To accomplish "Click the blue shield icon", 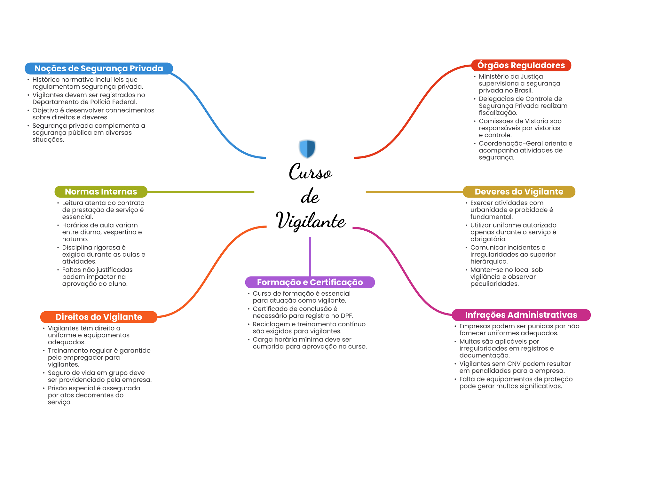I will [x=307, y=148].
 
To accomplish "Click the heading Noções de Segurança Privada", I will [x=99, y=68].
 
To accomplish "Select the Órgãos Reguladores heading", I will [x=521, y=65].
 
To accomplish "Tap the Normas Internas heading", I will [x=101, y=192].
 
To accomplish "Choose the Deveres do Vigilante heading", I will [x=519, y=192].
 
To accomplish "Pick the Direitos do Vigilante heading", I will [x=99, y=317].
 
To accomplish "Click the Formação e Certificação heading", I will [x=310, y=282].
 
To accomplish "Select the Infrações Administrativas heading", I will [x=521, y=315].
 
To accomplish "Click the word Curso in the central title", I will [x=310, y=172].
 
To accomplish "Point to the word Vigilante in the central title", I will [x=310, y=221].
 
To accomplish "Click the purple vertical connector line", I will [x=310, y=256].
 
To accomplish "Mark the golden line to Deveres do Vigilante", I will [x=414, y=192].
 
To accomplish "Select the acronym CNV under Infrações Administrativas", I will [x=513, y=364].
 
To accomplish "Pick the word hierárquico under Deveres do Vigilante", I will [x=489, y=262].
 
